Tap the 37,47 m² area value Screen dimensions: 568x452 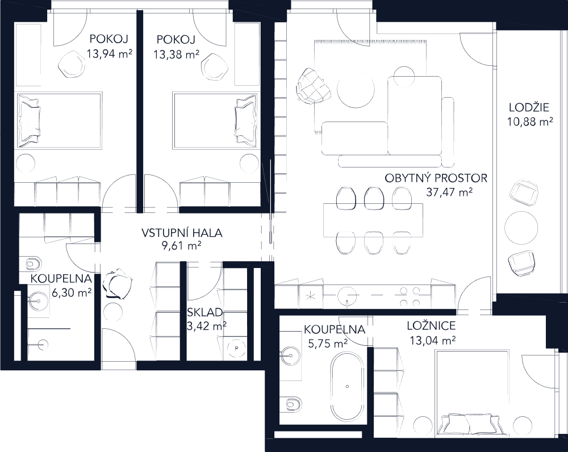click(450, 192)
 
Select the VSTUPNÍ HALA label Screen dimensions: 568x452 click(182, 232)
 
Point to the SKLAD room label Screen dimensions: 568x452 click(206, 313)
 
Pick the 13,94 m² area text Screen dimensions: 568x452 click(110, 55)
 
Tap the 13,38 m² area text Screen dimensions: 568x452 click(176, 55)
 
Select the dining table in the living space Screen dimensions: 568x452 click(373, 222)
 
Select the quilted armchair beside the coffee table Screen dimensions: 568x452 click(312, 85)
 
